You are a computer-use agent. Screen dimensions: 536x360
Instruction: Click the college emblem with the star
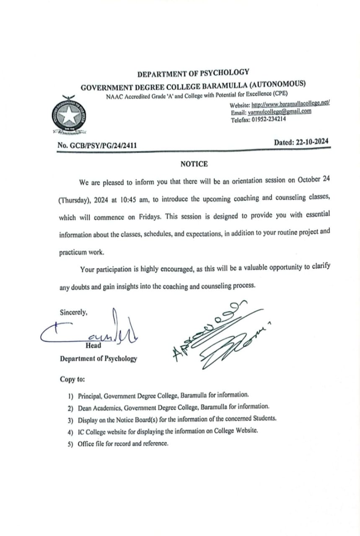[x=68, y=114]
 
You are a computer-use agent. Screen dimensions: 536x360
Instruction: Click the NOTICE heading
[x=194, y=164]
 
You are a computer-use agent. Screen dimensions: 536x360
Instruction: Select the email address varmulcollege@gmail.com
[x=280, y=112]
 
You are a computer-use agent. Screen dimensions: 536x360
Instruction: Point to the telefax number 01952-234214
[x=269, y=119]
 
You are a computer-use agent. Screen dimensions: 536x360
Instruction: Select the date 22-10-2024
[x=312, y=142]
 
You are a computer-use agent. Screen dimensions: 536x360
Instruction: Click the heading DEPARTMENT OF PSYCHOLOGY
[x=193, y=74]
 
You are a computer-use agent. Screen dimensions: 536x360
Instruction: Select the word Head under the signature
[x=93, y=346]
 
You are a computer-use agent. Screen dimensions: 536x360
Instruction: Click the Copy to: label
[x=73, y=380]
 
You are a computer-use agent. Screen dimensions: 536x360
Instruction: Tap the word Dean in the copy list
[x=85, y=407]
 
